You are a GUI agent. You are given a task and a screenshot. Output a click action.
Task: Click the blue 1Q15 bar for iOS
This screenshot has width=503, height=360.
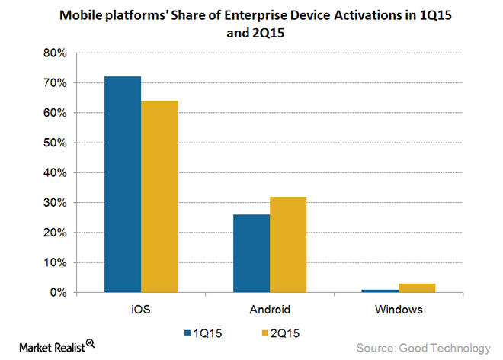[123, 185]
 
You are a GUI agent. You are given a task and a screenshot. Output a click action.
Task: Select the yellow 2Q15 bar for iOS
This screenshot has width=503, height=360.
[159, 197]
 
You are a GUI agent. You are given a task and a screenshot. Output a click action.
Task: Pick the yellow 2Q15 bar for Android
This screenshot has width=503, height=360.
[287, 245]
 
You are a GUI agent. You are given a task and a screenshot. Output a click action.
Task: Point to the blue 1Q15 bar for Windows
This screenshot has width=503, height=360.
[379, 291]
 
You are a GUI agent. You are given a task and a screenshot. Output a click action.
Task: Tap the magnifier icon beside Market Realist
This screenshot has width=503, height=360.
[90, 344]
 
